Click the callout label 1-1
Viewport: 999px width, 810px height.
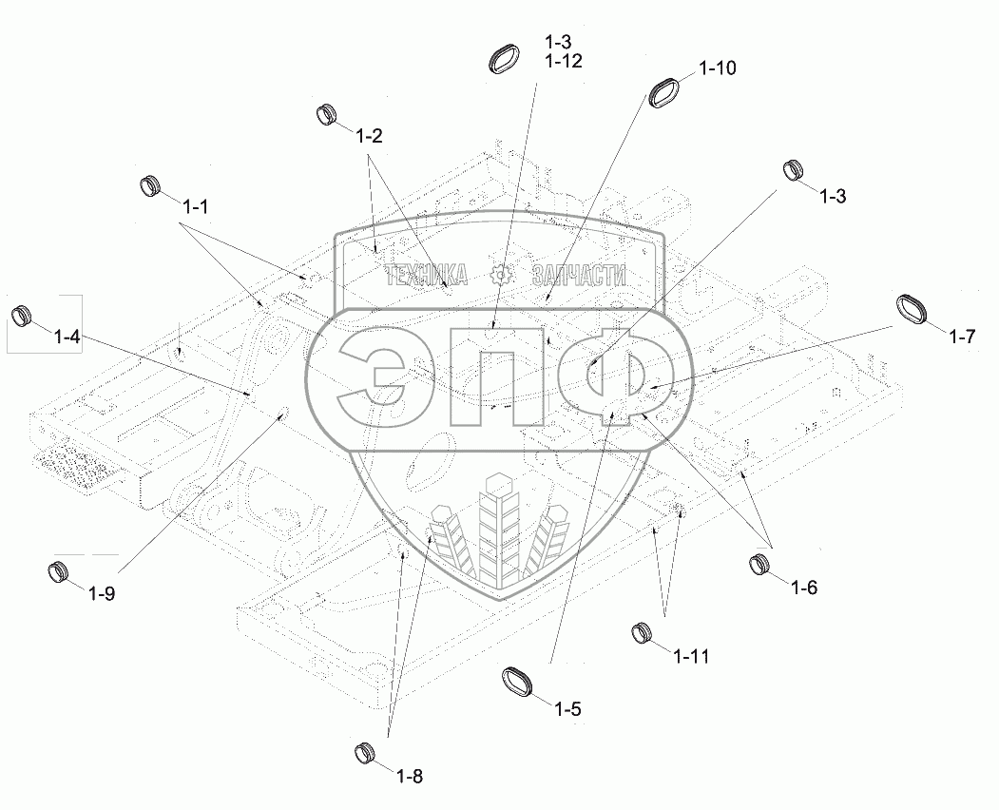[195, 206]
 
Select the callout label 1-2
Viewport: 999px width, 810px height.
[369, 136]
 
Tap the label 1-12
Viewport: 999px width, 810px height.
[564, 61]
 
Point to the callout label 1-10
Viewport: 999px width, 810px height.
[718, 68]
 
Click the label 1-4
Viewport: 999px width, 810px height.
[67, 337]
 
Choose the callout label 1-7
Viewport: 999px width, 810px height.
[962, 336]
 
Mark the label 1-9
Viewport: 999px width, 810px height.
[102, 594]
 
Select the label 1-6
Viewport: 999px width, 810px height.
[804, 588]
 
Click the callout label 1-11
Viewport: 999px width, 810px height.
[691, 656]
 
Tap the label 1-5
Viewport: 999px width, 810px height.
[568, 708]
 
